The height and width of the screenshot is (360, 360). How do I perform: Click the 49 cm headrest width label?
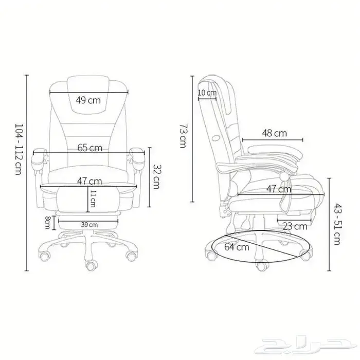click(x=88, y=100)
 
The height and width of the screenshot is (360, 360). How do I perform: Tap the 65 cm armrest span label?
click(x=89, y=148)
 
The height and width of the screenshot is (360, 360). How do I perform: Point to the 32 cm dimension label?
click(x=158, y=176)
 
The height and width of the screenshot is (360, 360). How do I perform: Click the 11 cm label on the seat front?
click(x=93, y=199)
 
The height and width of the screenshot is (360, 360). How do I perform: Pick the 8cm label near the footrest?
click(x=48, y=223)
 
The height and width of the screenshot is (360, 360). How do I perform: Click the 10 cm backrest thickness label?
click(x=207, y=93)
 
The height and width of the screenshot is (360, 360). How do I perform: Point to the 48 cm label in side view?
click(x=274, y=133)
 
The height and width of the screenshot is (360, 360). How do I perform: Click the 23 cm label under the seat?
click(x=295, y=226)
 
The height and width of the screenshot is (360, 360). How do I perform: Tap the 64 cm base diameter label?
click(x=237, y=247)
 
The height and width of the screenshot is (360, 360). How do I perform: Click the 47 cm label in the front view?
click(x=89, y=181)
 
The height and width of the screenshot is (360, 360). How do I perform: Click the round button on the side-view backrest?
click(x=216, y=137)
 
